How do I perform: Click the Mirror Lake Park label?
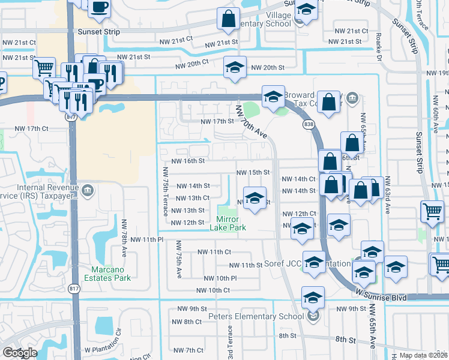point(228,223)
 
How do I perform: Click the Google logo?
point(19,352)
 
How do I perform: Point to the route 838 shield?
point(309,124)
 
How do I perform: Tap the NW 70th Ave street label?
point(252,122)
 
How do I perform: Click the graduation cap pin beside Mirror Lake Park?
point(255,198)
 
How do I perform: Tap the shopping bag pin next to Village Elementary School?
point(229,19)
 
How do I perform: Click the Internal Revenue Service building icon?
point(88,191)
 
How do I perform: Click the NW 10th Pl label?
point(220,278)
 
